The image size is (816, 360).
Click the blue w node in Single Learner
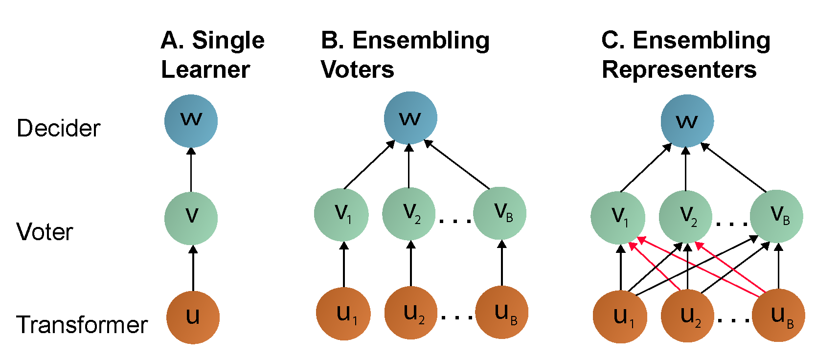[x=191, y=121]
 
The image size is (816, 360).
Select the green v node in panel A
[x=191, y=218]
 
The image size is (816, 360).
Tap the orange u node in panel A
[x=193, y=317]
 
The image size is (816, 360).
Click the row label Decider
[x=58, y=129]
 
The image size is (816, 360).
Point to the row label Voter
[x=45, y=232]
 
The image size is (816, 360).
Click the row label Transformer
[x=82, y=325]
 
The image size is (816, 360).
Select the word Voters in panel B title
[x=358, y=69]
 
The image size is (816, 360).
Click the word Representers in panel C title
[x=679, y=69]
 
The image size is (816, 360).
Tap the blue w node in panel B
[x=410, y=118]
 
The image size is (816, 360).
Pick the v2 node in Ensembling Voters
[x=409, y=214]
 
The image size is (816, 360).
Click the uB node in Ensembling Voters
[x=502, y=312]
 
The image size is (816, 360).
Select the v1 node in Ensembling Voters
[x=341, y=214]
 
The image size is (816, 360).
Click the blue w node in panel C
[x=687, y=121]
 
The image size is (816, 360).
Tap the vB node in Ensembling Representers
[x=776, y=216]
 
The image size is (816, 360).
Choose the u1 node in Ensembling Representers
[x=620, y=316]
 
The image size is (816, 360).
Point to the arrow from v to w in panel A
[x=191, y=170]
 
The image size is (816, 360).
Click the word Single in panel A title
[x=228, y=40]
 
